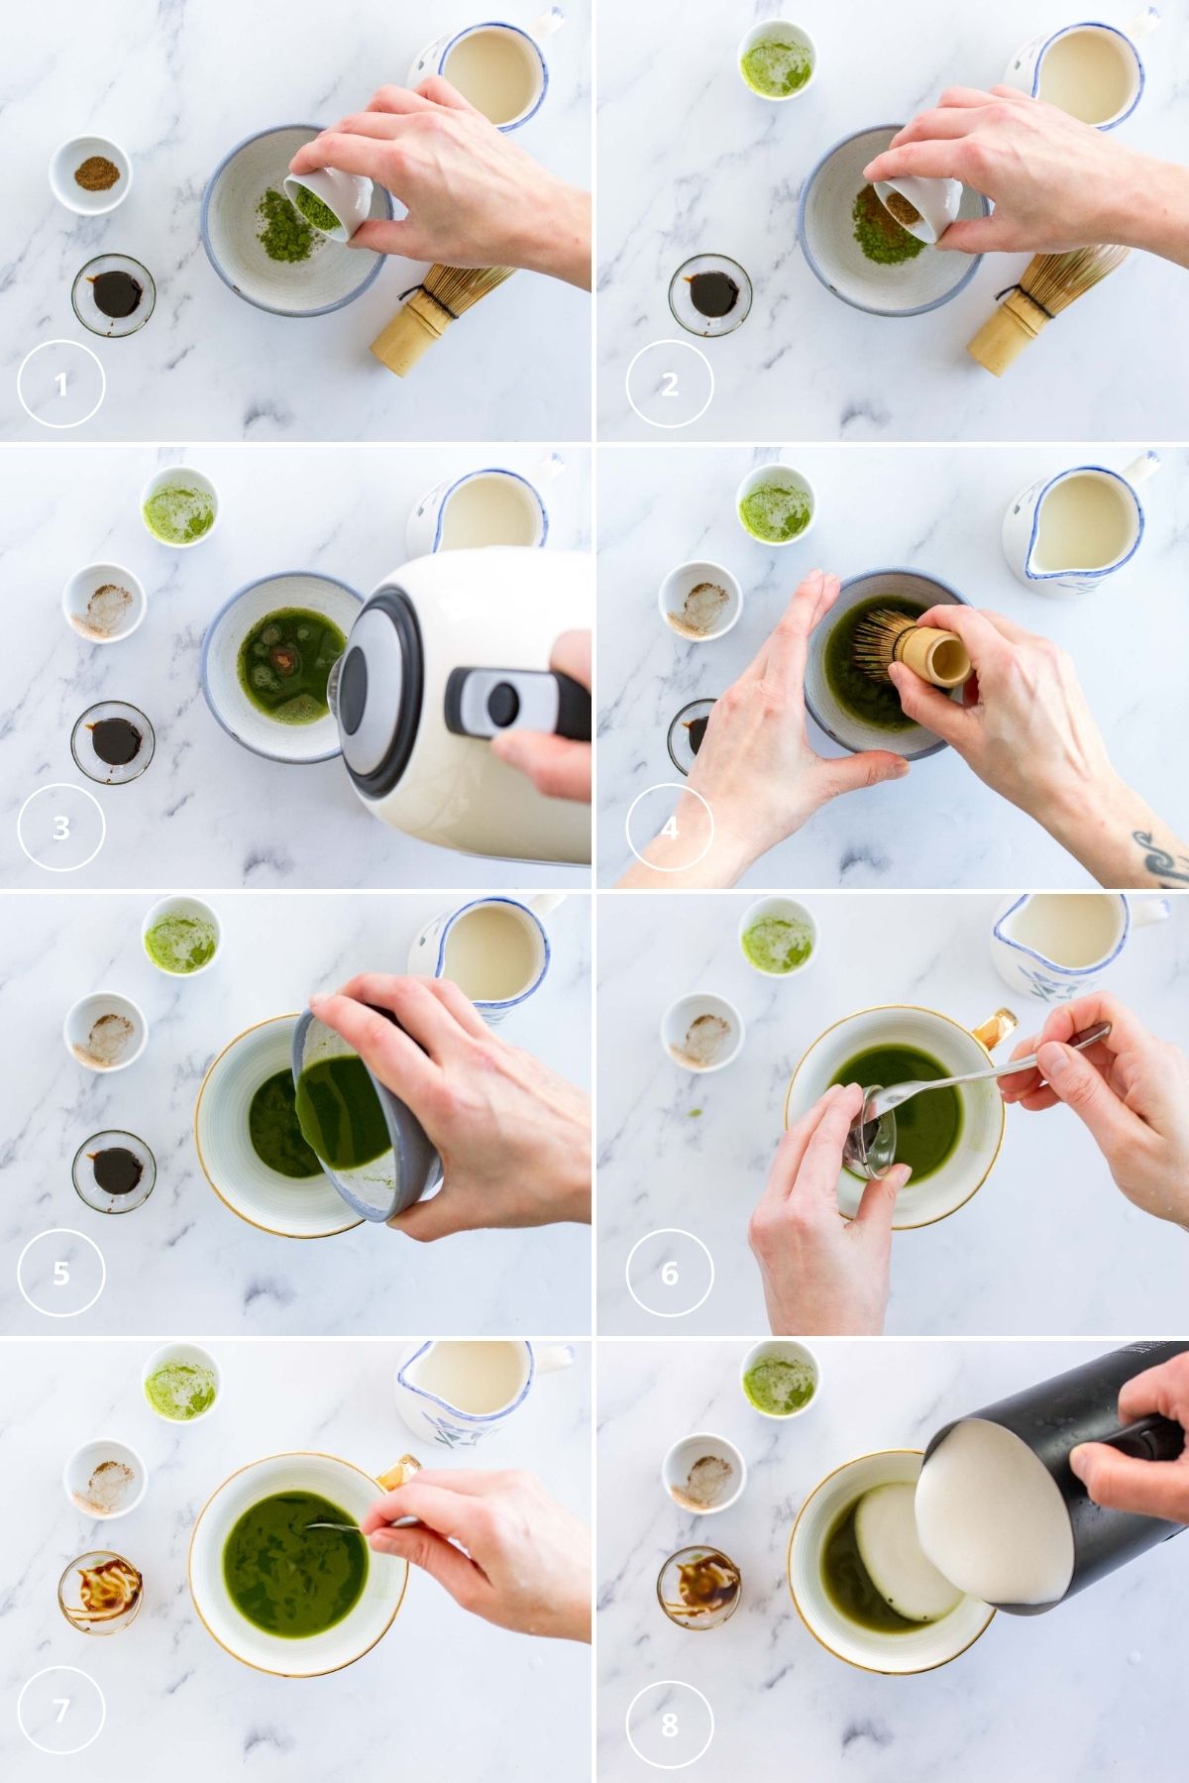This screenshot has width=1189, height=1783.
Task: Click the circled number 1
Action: click(x=60, y=384)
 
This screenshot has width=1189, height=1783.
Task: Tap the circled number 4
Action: click(x=669, y=829)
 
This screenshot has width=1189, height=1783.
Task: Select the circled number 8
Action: click(x=669, y=1724)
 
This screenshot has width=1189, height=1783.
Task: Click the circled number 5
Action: click(x=60, y=1273)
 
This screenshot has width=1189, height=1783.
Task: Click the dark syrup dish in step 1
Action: click(x=113, y=293)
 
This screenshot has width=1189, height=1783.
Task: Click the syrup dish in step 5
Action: click(x=113, y=1171)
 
